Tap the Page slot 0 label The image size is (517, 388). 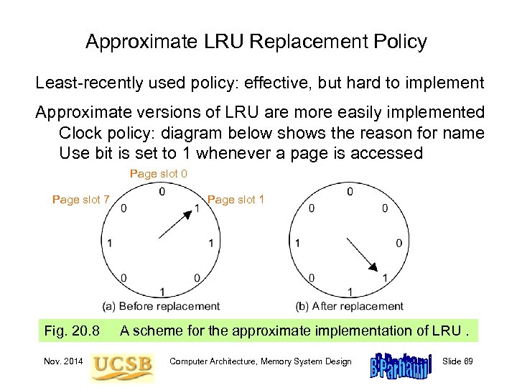point(159,174)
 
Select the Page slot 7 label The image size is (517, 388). point(81,200)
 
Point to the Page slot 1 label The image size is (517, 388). point(236,199)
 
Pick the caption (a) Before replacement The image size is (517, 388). point(161,306)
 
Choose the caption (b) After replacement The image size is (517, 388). point(350,306)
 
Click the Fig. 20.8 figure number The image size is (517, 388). point(72,331)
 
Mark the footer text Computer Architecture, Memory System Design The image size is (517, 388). point(260,361)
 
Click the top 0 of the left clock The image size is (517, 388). point(162,192)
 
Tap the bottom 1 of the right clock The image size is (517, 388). point(350,292)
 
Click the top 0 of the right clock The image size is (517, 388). point(350,192)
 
